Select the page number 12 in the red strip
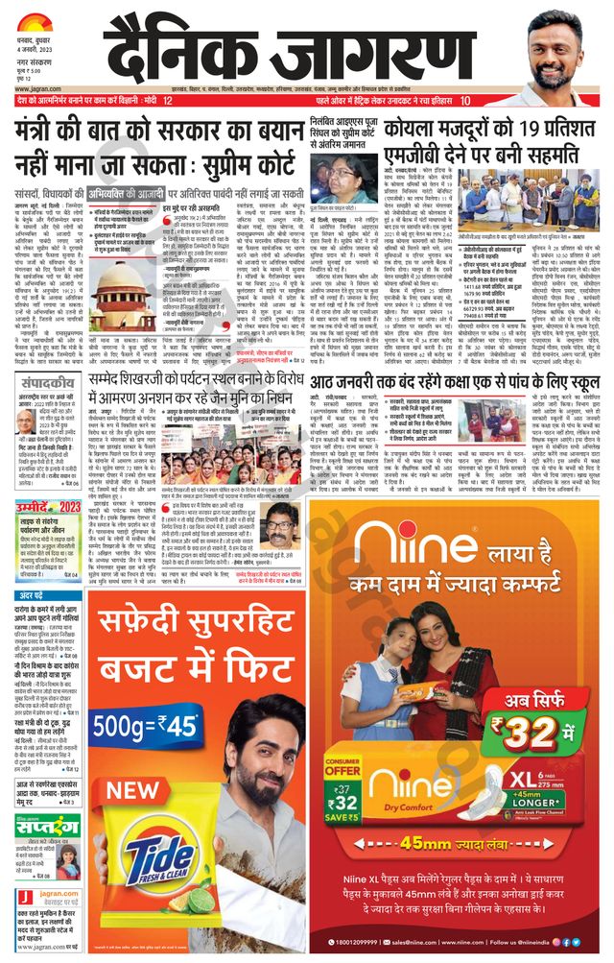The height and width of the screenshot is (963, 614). click(167, 101)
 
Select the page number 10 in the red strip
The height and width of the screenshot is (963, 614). click(465, 101)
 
